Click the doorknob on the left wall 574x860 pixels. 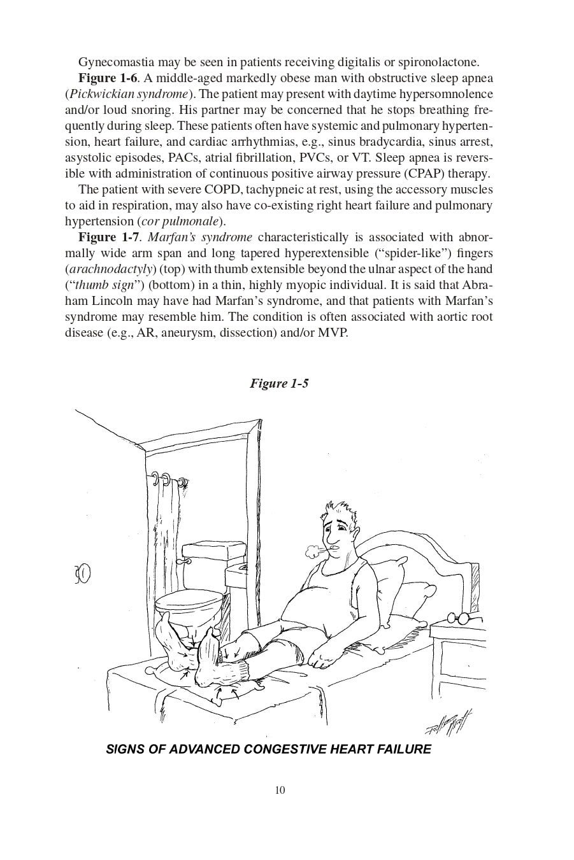click(83, 574)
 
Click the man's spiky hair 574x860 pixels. click(336, 510)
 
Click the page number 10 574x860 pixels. click(280, 791)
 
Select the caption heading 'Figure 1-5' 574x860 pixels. click(279, 383)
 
